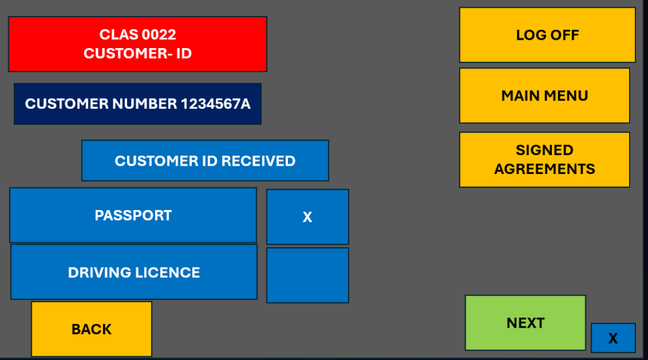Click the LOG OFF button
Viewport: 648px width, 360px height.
point(547,35)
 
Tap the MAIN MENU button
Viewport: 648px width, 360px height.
point(544,96)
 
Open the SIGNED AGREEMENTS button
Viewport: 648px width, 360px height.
point(544,159)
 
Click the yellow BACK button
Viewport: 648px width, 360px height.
point(91,329)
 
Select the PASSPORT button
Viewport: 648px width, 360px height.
point(133,215)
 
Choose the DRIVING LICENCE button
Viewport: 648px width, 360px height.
point(134,272)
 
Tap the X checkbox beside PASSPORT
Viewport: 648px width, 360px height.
point(308,217)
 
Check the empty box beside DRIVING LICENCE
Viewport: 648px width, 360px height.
point(308,275)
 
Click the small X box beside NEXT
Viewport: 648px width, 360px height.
point(613,338)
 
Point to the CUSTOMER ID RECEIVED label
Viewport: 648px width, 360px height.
point(205,161)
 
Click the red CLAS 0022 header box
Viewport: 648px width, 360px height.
point(137,44)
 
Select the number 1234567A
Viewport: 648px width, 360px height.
point(216,104)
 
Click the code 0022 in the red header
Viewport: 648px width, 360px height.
point(159,35)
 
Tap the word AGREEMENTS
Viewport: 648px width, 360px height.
point(544,169)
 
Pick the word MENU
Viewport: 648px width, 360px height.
point(567,96)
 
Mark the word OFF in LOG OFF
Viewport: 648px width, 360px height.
point(564,35)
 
